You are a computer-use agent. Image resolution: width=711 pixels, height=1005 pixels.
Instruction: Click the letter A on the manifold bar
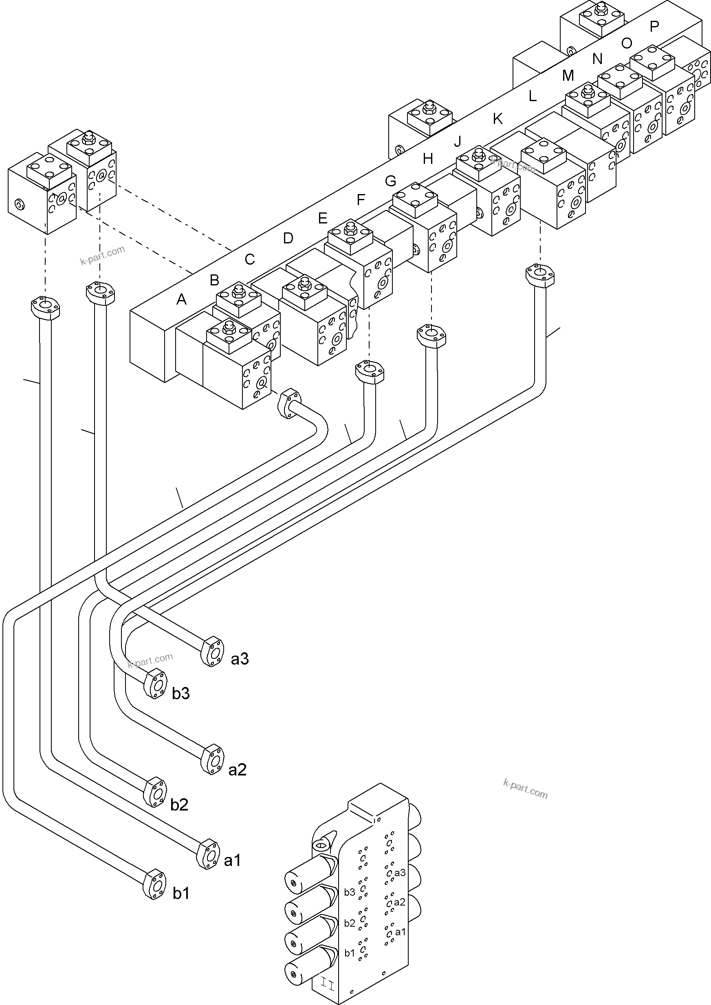click(181, 299)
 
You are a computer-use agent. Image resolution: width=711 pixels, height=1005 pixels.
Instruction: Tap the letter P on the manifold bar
click(654, 27)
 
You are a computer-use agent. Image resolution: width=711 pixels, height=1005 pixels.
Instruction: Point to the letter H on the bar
click(428, 159)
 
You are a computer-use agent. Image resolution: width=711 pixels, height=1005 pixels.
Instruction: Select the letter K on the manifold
click(498, 119)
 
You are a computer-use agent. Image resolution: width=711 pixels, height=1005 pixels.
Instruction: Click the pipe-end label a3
click(240, 658)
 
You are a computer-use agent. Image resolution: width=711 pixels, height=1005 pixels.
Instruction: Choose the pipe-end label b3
click(181, 694)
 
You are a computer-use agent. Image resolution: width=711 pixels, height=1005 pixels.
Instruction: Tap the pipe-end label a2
click(237, 770)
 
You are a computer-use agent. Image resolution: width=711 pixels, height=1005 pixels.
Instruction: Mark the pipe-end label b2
click(179, 805)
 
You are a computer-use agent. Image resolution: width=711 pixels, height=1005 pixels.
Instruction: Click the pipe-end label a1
click(233, 861)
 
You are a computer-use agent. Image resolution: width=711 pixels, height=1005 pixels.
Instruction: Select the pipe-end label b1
click(181, 893)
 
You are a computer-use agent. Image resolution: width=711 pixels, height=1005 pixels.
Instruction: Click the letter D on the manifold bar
click(288, 239)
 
